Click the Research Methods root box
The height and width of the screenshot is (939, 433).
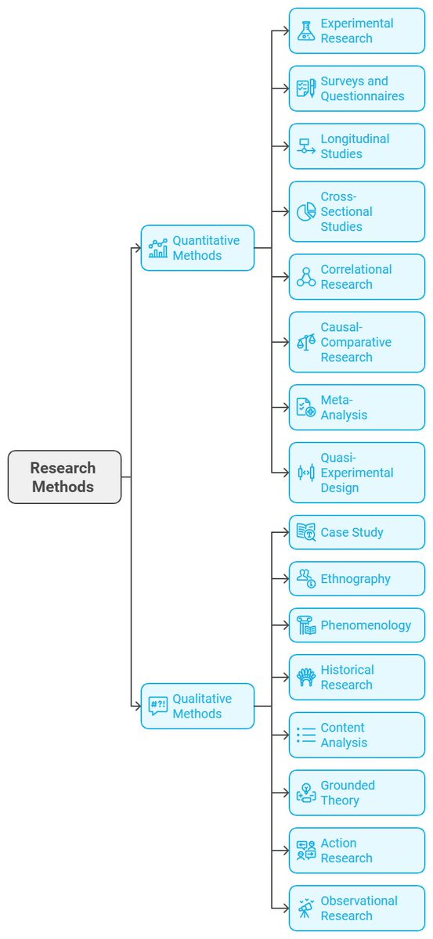[64, 477]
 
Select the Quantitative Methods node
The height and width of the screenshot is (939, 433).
[197, 248]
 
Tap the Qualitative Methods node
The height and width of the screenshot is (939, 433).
[197, 706]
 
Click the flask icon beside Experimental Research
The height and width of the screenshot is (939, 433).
[306, 31]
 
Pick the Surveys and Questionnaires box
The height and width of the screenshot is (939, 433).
[357, 88]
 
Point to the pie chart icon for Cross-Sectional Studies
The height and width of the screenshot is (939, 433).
[306, 211]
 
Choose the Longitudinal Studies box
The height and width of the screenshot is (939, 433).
[357, 146]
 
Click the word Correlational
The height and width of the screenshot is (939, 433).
[356, 269]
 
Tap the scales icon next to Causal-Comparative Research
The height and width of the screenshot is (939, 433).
[306, 342]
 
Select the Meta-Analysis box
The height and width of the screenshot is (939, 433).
[357, 407]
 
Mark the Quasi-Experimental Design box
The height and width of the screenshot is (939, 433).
[357, 473]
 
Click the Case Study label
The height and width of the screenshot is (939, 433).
[352, 532]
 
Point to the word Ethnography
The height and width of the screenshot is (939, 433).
[355, 579]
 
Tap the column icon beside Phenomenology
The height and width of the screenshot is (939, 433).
[306, 625]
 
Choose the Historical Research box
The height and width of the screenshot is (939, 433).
[357, 678]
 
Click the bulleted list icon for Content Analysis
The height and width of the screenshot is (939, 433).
[306, 736]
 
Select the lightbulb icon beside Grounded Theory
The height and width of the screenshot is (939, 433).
[306, 793]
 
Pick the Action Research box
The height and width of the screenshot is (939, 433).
[357, 851]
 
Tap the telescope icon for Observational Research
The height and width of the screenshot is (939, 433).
[306, 908]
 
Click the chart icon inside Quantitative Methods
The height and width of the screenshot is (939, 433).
[158, 248]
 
